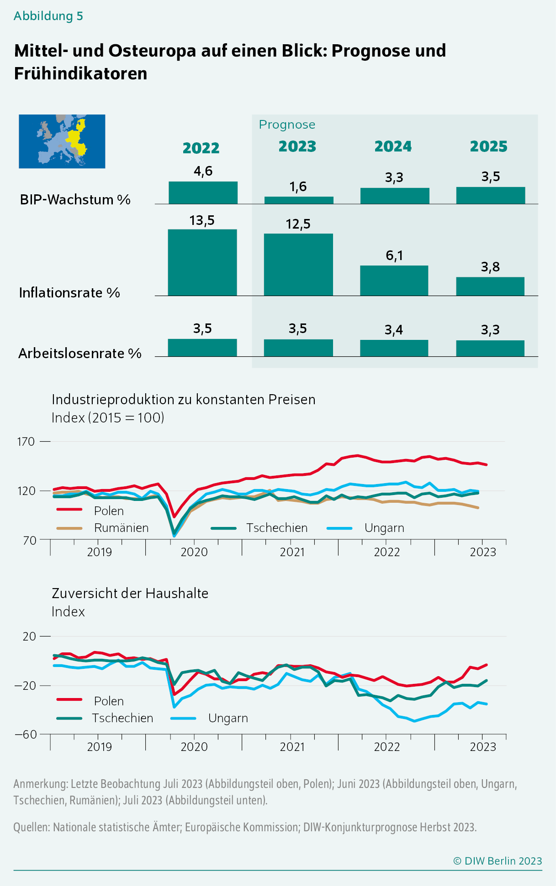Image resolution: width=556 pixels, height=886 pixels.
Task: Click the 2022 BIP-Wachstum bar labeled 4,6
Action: point(203,193)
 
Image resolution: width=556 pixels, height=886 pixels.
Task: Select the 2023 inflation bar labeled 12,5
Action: point(298,265)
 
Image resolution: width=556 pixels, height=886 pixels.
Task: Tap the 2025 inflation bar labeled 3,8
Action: point(490,286)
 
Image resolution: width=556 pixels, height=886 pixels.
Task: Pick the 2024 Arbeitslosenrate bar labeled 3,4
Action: point(394,348)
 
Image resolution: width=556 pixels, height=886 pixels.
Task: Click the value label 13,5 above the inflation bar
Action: point(202,221)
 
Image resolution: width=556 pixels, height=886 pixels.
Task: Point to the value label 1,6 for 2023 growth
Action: point(298,187)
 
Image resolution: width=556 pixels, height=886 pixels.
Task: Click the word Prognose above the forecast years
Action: point(287,125)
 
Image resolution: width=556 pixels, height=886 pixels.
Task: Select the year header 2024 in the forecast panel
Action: point(393,146)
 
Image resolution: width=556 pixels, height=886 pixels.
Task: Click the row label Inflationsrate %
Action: point(69,293)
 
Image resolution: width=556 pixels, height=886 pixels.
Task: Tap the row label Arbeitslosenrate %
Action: point(80,354)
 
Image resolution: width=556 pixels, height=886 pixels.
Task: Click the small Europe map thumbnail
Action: point(62,141)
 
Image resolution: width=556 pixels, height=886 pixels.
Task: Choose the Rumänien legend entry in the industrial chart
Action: point(121,528)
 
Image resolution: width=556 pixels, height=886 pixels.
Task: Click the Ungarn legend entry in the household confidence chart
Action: point(228,718)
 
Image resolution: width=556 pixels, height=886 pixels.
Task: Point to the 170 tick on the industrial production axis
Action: point(26,442)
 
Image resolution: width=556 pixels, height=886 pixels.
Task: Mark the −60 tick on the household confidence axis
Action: point(26,735)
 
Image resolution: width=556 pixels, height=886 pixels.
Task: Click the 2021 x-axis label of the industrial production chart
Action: point(292,552)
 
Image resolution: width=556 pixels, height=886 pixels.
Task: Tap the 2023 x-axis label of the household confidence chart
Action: point(482,747)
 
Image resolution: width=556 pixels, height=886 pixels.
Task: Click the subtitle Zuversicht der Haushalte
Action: point(130,593)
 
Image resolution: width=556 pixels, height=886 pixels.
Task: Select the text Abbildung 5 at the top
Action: point(48,16)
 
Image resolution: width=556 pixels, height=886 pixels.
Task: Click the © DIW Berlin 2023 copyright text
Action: point(497,861)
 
